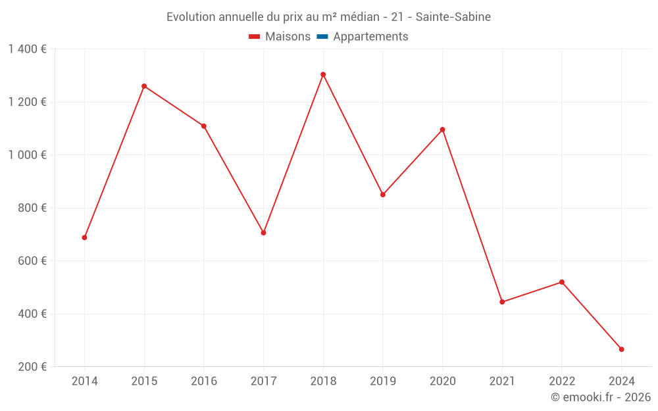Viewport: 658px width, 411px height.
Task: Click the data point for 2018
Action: (323, 74)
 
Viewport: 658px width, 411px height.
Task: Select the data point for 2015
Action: (144, 86)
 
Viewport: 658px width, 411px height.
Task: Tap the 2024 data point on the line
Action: (621, 349)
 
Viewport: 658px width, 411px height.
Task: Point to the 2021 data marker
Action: (502, 302)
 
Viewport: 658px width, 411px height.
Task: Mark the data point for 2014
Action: (84, 237)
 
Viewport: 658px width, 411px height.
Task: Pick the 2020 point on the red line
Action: (442, 130)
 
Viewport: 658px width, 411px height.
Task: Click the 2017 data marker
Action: (263, 233)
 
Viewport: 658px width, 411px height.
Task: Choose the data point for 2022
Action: (562, 282)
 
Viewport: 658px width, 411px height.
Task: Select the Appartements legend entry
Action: (370, 37)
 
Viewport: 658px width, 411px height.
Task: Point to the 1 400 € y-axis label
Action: (27, 49)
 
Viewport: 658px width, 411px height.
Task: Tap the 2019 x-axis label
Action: (383, 381)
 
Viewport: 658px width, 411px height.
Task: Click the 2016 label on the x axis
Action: (204, 381)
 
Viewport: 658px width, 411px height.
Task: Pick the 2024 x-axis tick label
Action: (621, 381)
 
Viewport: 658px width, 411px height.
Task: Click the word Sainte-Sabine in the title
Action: (453, 17)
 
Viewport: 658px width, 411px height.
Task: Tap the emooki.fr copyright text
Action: (601, 397)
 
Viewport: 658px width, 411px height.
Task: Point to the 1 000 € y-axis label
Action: (27, 155)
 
